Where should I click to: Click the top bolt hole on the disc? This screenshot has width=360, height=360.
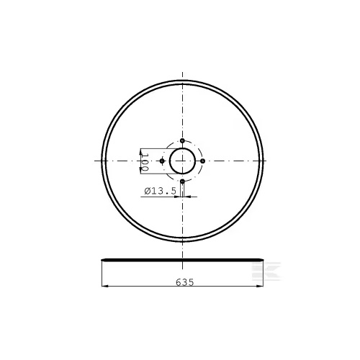182,140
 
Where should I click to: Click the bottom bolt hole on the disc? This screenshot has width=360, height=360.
182,181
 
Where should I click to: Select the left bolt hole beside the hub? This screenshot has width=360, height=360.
162,161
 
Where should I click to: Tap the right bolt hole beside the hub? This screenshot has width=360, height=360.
203,161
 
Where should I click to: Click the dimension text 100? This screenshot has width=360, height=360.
145,162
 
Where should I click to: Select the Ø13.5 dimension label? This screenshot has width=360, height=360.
160,191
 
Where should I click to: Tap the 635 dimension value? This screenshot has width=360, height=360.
184,282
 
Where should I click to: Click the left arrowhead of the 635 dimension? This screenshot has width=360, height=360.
105,286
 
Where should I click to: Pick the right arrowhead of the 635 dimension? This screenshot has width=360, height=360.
260,286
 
